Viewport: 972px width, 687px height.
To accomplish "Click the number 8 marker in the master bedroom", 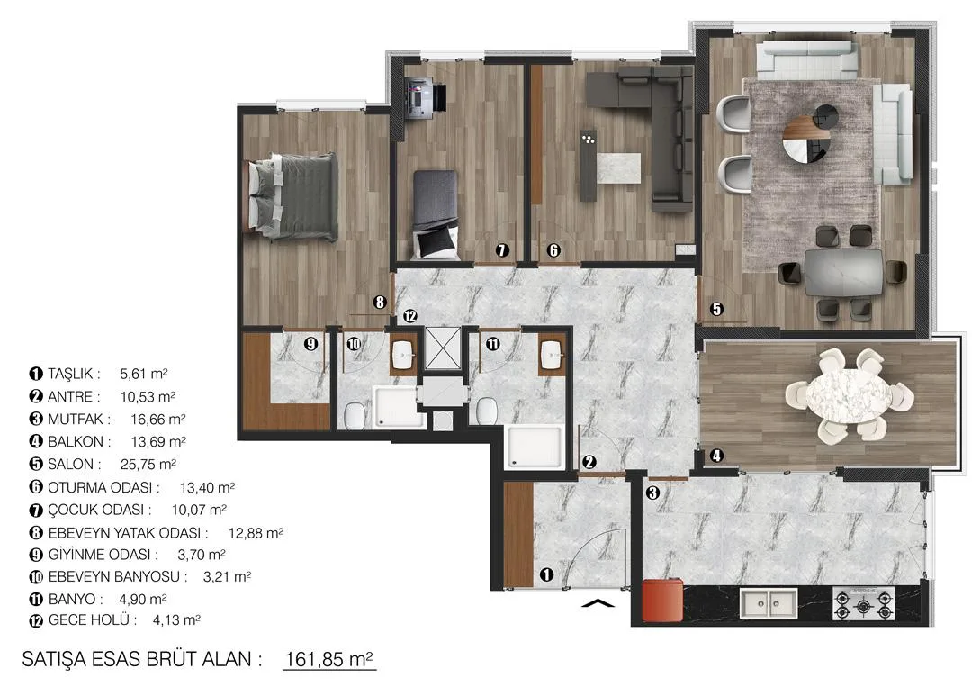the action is [x=380, y=302].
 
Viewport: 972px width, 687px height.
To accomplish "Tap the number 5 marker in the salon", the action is [x=716, y=308].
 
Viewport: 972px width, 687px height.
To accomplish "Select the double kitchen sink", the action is [x=769, y=603].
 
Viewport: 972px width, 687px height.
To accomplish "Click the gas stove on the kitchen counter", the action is [x=863, y=603].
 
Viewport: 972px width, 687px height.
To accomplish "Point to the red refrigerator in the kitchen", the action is [x=662, y=600].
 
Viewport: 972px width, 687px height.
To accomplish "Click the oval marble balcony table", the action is [x=848, y=395].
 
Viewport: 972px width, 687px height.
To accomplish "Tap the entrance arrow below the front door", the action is [x=598, y=602].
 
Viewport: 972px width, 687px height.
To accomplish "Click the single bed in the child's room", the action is [x=436, y=214].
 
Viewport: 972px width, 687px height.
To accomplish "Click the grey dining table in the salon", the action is [x=843, y=273].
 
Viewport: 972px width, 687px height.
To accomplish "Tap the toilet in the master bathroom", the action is [x=354, y=415].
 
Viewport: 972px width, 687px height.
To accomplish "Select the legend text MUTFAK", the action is [x=76, y=420].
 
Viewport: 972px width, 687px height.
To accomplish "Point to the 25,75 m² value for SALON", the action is [x=148, y=464].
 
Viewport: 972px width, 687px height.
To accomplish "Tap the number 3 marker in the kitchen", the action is [x=652, y=493].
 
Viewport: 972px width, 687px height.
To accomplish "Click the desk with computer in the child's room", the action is [x=425, y=97].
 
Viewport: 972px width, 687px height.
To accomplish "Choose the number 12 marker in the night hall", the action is [x=409, y=316].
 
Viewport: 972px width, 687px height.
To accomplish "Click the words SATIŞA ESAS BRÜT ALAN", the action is [x=137, y=659].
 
